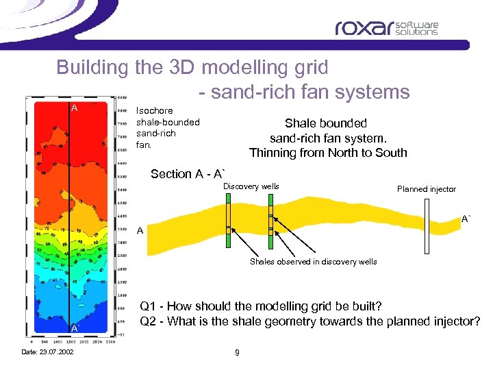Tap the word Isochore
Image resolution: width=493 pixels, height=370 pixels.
[x=155, y=110]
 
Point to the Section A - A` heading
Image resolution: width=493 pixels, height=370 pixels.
[x=188, y=174]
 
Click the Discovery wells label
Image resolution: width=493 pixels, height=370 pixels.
[x=251, y=186]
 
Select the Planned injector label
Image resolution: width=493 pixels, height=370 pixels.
[x=426, y=189]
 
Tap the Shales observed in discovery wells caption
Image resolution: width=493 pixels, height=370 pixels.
[x=313, y=262]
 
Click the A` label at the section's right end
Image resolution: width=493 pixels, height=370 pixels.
[x=466, y=219]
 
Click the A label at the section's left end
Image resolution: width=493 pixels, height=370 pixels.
[x=140, y=231]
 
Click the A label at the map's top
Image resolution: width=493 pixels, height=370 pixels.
[x=75, y=108]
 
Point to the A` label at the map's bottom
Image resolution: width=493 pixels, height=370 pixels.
[x=75, y=329]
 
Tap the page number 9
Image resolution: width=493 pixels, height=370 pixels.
[x=236, y=352]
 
